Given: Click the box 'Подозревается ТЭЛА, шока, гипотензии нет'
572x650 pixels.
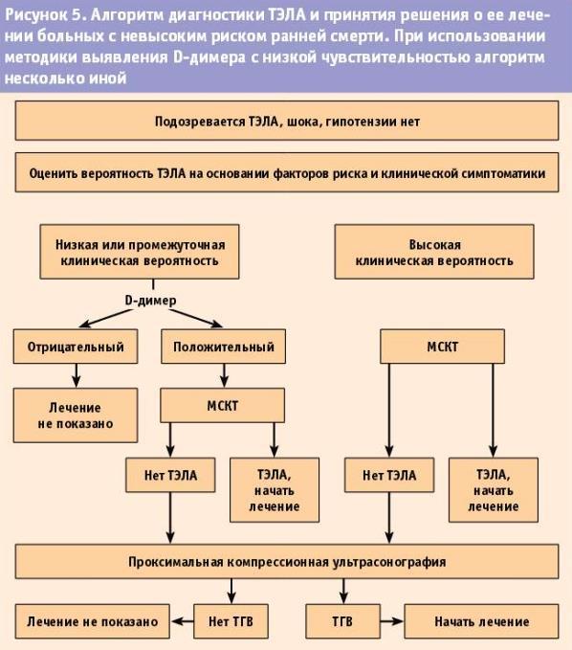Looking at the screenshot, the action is tap(287, 121).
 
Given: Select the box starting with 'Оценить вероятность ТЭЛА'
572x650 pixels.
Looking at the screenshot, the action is tap(287, 172).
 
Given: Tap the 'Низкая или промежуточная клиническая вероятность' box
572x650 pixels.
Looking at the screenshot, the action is tap(140, 252).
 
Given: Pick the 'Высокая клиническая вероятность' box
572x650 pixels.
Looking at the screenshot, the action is tap(434, 252).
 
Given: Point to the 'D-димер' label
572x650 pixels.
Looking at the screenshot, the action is tap(151, 301).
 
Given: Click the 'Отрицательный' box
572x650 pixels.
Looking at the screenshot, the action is tap(76, 347).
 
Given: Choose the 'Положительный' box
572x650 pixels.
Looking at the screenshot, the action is tap(223, 347).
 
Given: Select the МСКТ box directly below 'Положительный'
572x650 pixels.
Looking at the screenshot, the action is tap(223, 406).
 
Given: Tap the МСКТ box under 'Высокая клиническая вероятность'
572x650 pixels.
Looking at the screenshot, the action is tap(442, 347).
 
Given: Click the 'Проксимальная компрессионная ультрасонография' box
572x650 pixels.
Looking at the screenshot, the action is tap(287, 562).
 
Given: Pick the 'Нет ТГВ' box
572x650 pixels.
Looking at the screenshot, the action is tap(231, 621).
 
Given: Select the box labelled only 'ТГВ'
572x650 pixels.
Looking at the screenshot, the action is tap(342, 621).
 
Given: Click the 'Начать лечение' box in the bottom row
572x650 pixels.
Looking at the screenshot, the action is tap(481, 621).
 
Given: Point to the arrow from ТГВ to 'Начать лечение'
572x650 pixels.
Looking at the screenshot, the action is tap(392, 621).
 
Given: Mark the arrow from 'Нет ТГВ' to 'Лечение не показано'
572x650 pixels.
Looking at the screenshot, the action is tap(183, 621).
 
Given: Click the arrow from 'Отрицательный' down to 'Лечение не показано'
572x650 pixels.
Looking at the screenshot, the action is tap(76, 375).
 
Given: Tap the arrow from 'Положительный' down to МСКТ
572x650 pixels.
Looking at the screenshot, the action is tap(224, 375).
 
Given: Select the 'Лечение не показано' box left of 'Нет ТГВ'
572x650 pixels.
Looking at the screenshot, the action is tap(93, 621).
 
